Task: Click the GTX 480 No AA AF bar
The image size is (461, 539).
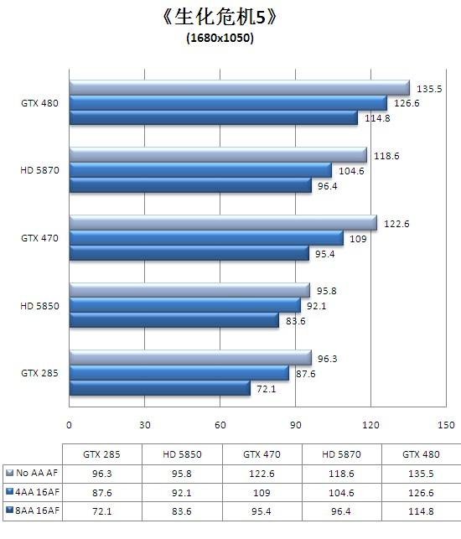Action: pyautogui.click(x=239, y=89)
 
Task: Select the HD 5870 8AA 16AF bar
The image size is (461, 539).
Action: pyautogui.click(x=184, y=184)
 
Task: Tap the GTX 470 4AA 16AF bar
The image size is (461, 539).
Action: pyautogui.click(x=206, y=238)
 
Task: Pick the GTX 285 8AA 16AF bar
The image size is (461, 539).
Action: pyautogui.click(x=160, y=388)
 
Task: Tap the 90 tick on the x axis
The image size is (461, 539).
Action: pyautogui.click(x=296, y=424)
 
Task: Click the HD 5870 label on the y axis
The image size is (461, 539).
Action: pyautogui.click(x=39, y=170)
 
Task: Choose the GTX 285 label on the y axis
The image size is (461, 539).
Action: pyautogui.click(x=39, y=373)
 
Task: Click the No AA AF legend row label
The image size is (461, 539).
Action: pyautogui.click(x=33, y=472)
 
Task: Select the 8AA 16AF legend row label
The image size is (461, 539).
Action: pyautogui.click(x=34, y=509)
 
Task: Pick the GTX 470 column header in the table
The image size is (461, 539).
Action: pyautogui.click(x=262, y=453)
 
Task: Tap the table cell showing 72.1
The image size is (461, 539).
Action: pyautogui.click(x=101, y=509)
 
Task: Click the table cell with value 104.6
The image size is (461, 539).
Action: pyautogui.click(x=341, y=490)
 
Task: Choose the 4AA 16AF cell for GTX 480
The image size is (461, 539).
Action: pyautogui.click(x=421, y=490)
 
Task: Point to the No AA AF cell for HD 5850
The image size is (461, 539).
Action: pyautogui.click(x=182, y=472)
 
